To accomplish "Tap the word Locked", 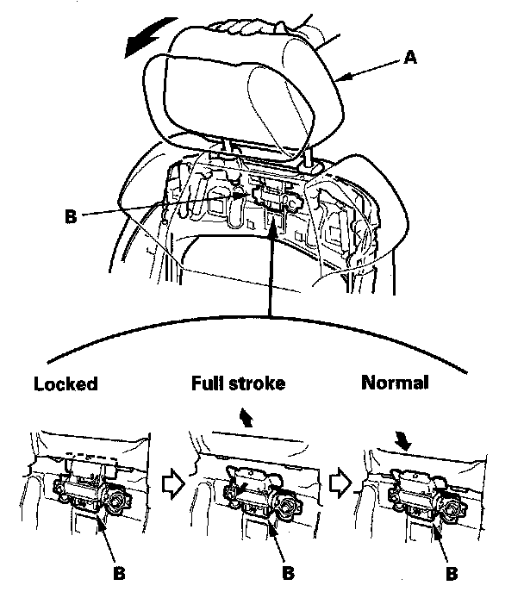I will tap(65, 384).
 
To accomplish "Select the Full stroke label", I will tap(237, 383).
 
